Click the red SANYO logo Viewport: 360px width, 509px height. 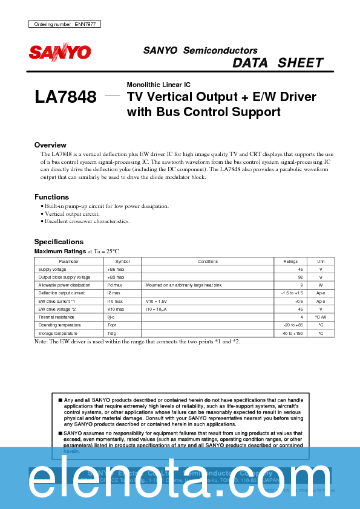(60, 53)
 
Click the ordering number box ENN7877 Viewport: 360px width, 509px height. (65, 24)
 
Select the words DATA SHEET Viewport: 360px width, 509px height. (278, 63)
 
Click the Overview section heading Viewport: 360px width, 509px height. (50, 145)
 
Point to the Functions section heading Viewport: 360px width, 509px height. (51, 197)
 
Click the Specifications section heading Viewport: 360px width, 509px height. (59, 242)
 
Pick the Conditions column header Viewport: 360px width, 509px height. (207, 261)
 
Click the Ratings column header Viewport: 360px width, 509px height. (290, 261)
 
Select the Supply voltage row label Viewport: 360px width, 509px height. (53, 269)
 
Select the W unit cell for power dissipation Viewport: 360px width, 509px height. (321, 285)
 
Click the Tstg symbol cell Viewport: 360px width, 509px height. (111, 332)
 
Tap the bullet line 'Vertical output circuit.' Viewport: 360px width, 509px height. (71, 214)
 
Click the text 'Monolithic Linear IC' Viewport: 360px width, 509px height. (159, 85)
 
